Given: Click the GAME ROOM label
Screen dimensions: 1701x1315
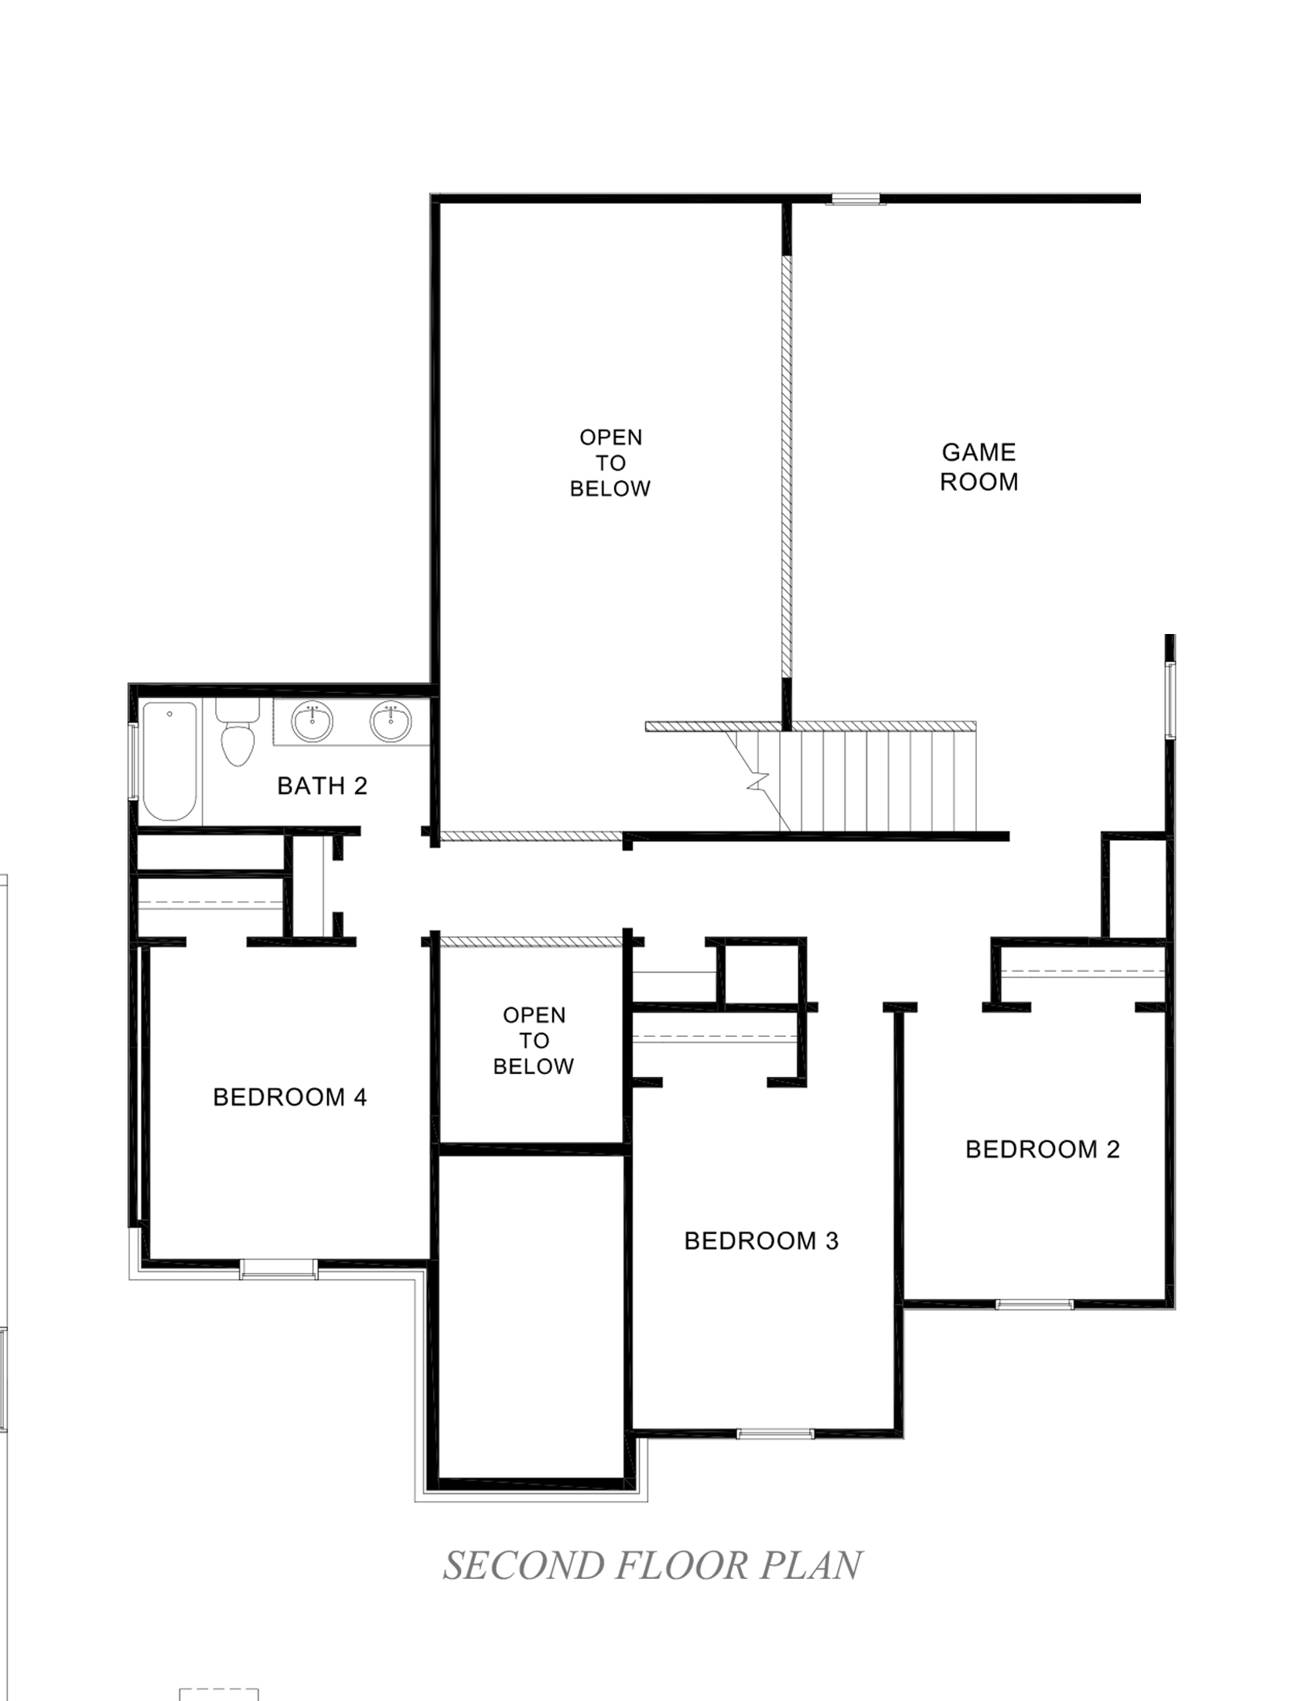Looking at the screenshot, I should click(x=979, y=466).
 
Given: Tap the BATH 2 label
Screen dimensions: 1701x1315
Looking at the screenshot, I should click(x=322, y=786).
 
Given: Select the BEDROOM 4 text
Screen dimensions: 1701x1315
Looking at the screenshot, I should click(x=290, y=1097).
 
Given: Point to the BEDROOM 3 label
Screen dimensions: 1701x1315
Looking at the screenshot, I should click(x=761, y=1241).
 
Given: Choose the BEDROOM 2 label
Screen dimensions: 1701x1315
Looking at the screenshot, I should click(x=1043, y=1149).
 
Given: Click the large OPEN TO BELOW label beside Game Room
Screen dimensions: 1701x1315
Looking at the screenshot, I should click(x=610, y=462).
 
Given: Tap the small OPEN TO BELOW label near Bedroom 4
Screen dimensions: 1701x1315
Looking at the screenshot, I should click(x=534, y=1041).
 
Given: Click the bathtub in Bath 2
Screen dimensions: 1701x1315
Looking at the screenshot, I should click(x=170, y=761).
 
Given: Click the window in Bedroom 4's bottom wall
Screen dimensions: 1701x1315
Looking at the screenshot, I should click(x=278, y=1270).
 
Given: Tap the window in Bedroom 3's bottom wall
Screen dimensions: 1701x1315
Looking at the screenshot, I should click(x=775, y=1433).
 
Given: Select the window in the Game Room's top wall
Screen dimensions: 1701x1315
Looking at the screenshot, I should click(x=856, y=199).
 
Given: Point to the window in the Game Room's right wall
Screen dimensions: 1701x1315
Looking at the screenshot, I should click(x=1170, y=699).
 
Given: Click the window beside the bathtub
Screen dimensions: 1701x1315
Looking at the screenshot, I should click(x=133, y=761).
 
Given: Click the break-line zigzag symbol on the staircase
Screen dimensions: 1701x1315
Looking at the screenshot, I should click(x=757, y=780).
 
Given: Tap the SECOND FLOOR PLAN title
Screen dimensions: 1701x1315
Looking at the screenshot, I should click(x=653, y=1565).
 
